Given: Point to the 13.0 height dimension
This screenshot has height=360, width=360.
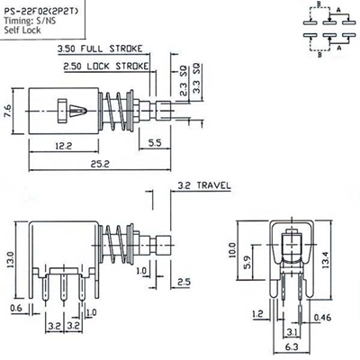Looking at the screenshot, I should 8,261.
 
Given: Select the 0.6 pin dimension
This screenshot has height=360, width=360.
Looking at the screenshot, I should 17,309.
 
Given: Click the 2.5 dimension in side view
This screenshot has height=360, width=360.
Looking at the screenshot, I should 184,283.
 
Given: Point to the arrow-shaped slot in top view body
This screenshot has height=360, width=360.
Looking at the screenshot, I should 76,111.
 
